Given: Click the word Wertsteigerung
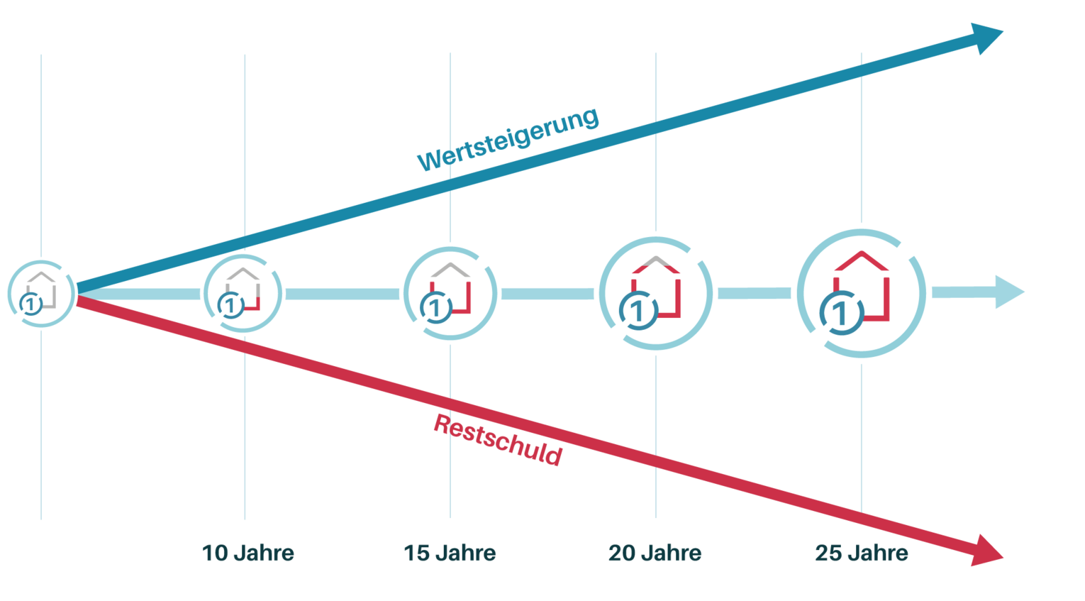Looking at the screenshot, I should (x=508, y=139).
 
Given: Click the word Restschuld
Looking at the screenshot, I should (x=498, y=441).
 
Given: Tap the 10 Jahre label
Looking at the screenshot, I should (x=247, y=553).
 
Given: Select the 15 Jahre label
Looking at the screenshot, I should (x=450, y=553).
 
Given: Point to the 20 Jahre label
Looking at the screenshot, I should (x=655, y=553).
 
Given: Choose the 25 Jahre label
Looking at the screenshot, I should (x=861, y=553).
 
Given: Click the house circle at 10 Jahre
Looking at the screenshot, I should (x=243, y=293).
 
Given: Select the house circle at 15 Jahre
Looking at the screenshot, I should (x=450, y=293).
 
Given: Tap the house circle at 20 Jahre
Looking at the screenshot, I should (x=655, y=293).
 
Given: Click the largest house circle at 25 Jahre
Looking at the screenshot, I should (x=861, y=293).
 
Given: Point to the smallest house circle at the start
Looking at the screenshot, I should (x=41, y=293).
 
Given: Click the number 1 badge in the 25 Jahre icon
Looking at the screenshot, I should (x=842, y=313).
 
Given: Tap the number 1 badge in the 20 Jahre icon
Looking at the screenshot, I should (x=639, y=310).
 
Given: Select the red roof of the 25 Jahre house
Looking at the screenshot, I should (x=861, y=260).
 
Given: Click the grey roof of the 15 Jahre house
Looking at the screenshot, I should (x=450, y=269).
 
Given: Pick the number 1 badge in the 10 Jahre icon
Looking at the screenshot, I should (x=230, y=306).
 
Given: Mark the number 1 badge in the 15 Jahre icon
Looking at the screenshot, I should (x=435, y=308).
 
